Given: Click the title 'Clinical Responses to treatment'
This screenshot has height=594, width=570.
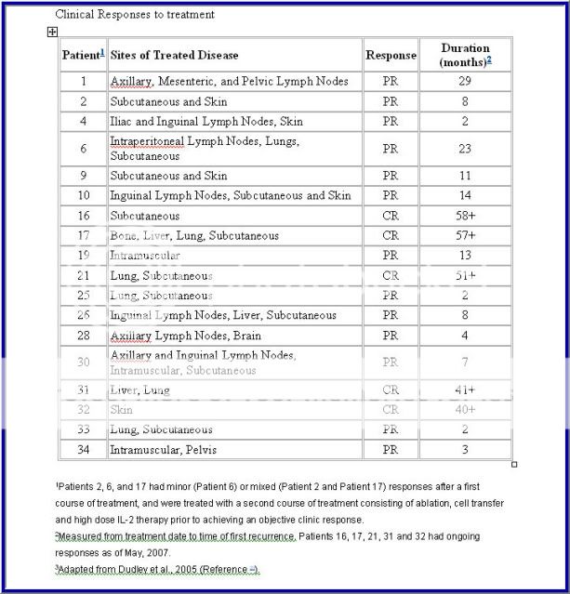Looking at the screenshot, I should [x=135, y=14].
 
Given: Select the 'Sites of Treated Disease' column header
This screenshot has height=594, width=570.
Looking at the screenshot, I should [x=174, y=56].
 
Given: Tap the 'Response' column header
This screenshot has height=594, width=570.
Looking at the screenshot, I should [x=391, y=56].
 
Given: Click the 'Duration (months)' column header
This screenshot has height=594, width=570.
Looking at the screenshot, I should [x=465, y=55].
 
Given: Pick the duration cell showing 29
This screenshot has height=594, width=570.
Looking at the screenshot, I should [x=465, y=82].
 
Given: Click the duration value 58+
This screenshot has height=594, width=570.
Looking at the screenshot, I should [x=465, y=216].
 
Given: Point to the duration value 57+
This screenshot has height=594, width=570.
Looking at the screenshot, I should [x=465, y=236].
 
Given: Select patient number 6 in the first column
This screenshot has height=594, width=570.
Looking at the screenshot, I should [x=83, y=149].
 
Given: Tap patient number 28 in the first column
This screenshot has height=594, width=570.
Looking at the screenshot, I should [x=83, y=336].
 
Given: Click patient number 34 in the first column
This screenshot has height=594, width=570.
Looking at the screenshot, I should [x=83, y=450].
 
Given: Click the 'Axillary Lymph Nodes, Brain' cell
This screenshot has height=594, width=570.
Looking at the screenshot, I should [x=185, y=336].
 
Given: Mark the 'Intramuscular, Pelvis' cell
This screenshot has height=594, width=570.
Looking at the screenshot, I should [x=167, y=450].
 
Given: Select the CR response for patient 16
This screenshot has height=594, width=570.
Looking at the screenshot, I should [x=391, y=216].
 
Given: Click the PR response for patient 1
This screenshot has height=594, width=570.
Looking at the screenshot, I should [x=391, y=82].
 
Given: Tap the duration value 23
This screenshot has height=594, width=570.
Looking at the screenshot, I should [x=465, y=149].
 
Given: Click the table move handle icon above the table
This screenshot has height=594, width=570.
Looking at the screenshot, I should [x=52, y=32].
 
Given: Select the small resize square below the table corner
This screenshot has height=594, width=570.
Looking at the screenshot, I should [x=514, y=465].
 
